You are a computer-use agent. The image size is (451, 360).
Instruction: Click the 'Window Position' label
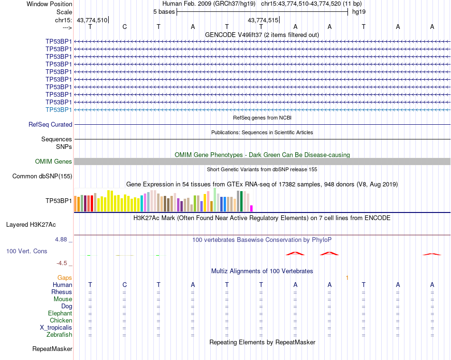[x=49, y=4]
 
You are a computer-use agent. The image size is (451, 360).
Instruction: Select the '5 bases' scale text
[x=164, y=12]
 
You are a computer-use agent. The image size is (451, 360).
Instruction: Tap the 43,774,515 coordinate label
[x=263, y=20]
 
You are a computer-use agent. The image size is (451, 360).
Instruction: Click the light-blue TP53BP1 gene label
[x=59, y=110]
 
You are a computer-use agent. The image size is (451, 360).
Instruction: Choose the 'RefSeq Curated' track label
[x=50, y=124]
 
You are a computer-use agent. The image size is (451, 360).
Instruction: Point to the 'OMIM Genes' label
[x=54, y=161]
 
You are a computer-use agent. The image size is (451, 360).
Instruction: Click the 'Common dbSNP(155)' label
[x=42, y=176]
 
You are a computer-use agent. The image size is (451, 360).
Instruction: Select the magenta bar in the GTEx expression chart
[x=251, y=209]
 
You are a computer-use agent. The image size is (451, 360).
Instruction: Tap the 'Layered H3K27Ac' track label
[x=31, y=225]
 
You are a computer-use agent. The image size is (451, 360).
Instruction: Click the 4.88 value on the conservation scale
[x=61, y=240]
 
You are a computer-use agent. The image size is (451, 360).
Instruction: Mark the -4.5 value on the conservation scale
[x=62, y=263]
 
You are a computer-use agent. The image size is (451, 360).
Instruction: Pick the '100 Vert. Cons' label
[x=27, y=251]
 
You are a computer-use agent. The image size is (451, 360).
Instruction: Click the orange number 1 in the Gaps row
[x=347, y=278]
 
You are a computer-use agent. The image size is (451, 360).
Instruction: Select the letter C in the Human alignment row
[x=124, y=285]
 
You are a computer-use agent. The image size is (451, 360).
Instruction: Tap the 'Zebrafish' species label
[x=59, y=335]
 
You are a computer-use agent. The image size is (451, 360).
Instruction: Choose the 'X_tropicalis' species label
[x=56, y=328]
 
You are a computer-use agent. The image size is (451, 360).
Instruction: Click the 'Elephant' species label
[x=60, y=313]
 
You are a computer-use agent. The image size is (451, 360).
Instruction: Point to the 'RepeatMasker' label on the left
[x=52, y=349]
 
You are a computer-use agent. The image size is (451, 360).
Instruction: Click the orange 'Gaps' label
[x=65, y=277]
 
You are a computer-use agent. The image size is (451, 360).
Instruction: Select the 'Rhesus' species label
[x=62, y=292]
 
